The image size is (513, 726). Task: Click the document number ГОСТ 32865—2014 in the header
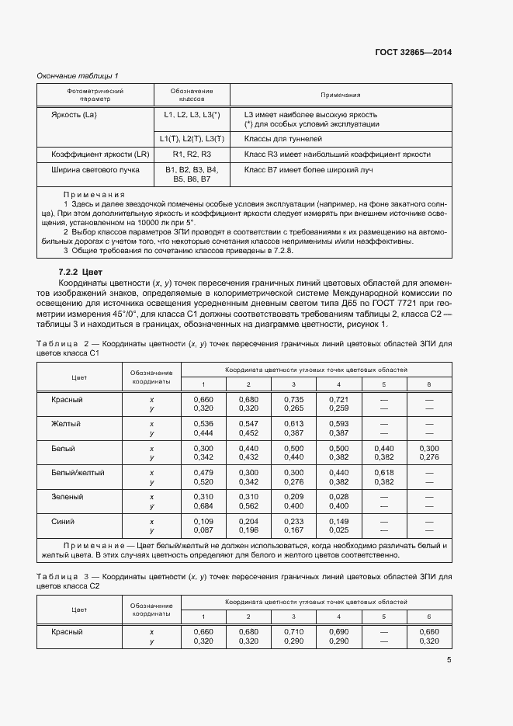coord(414,53)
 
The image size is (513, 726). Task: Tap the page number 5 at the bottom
coord(449,660)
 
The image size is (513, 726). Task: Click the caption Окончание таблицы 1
coord(78,75)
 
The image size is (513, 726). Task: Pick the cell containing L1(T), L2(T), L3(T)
coord(192,139)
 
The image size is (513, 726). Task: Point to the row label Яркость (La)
coord(74,115)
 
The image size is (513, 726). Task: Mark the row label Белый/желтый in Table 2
coord(78,472)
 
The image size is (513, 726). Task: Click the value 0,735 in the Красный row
coord(293,400)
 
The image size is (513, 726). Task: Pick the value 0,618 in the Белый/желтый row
coord(383,472)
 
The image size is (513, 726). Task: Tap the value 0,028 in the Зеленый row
coord(338,496)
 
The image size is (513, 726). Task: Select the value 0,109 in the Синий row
coord(203,521)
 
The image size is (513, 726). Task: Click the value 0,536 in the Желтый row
coord(203,424)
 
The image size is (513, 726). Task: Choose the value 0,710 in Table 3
coord(293,632)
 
